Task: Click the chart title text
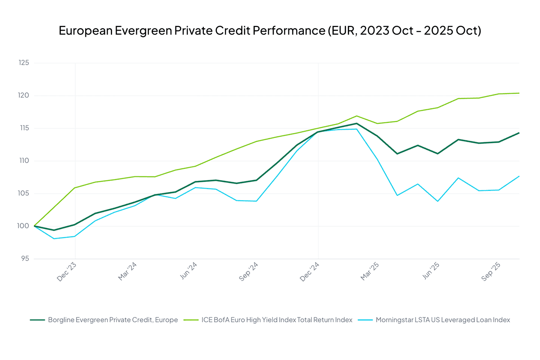(x=270, y=31)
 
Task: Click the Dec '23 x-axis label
(x=67, y=272)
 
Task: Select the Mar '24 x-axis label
(x=128, y=272)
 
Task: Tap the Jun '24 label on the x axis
(x=189, y=272)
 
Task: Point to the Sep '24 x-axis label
(x=249, y=272)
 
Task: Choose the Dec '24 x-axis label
(x=310, y=272)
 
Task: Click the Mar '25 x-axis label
(x=371, y=272)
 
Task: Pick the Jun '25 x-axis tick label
(x=432, y=272)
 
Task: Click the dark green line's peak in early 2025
(x=356, y=123)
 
